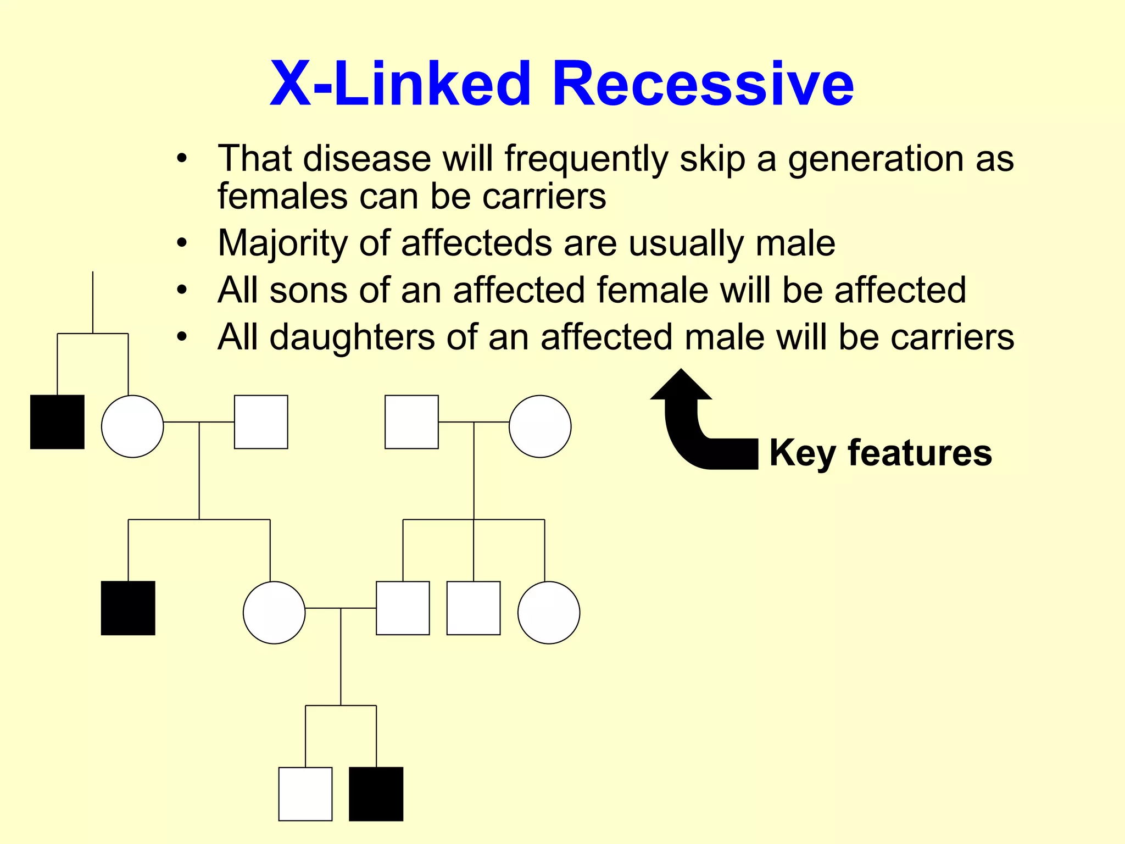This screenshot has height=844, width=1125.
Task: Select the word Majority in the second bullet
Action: [282, 243]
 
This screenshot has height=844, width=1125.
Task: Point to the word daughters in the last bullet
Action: [352, 337]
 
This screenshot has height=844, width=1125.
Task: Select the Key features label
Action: [881, 453]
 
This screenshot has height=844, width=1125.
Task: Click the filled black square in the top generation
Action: [57, 422]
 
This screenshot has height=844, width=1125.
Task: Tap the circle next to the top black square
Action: [132, 426]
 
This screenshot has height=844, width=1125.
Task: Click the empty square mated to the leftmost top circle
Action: [261, 422]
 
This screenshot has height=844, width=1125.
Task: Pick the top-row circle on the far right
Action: [540, 426]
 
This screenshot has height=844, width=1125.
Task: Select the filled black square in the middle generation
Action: [128, 608]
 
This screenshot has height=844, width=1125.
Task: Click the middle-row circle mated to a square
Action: [274, 612]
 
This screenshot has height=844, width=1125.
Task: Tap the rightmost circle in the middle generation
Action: [549, 612]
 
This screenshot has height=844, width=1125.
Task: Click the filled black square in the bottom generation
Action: [376, 794]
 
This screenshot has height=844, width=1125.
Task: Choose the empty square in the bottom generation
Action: [305, 794]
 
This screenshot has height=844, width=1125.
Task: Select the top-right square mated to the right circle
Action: [411, 422]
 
